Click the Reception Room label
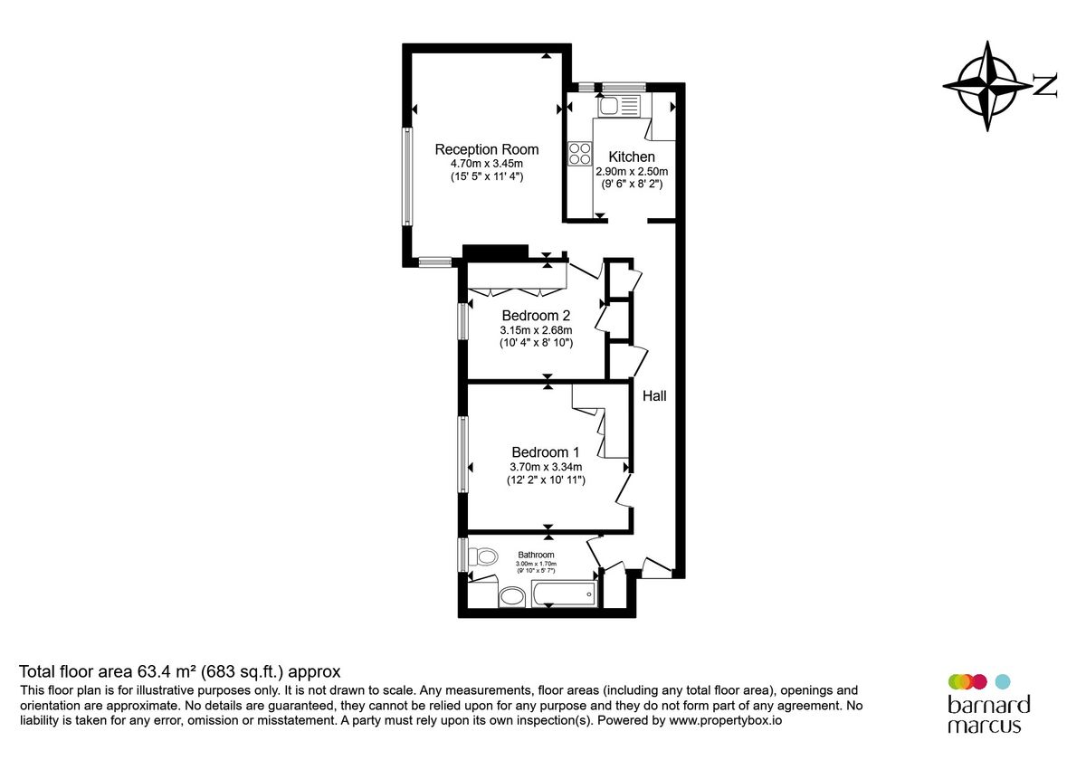coord(487,149)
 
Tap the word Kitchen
coord(631,157)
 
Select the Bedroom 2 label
coord(537,316)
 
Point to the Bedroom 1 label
coord(545,452)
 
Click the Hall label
coord(654,395)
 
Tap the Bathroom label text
coord(536,555)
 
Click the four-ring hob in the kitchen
coord(579,155)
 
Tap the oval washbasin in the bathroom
coord(512,596)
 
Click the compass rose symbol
coord(987,86)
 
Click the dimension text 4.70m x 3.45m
coord(487,164)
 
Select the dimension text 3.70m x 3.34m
coord(545,467)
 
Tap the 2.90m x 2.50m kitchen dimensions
coord(631,171)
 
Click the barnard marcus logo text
coord(988,714)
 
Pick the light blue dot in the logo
coord(1002,681)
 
